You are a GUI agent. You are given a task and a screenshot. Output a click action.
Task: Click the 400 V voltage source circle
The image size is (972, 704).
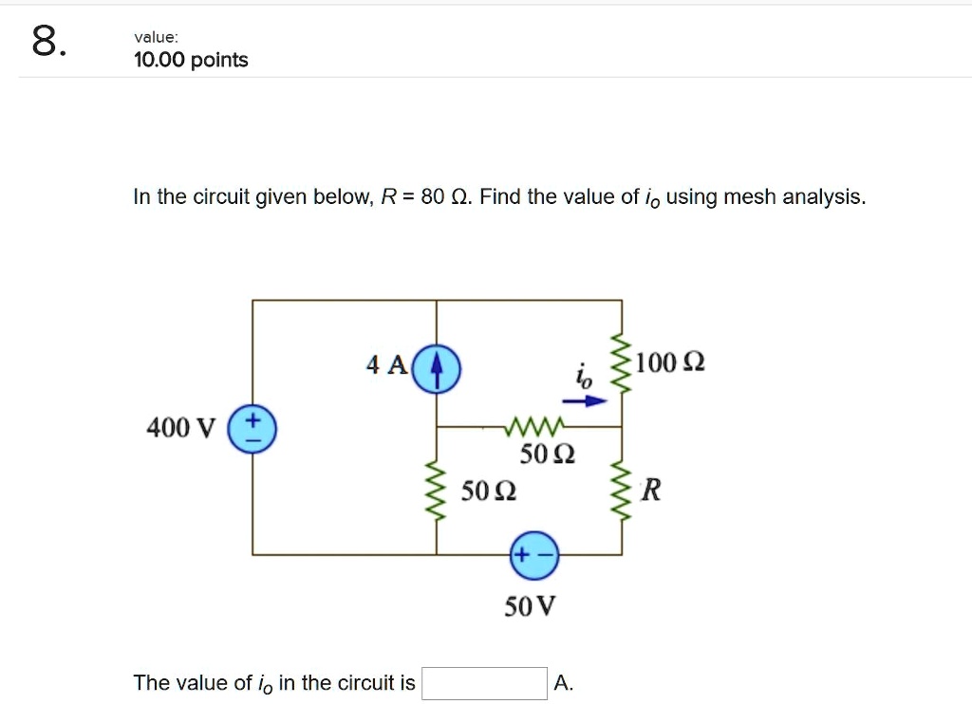click(252, 428)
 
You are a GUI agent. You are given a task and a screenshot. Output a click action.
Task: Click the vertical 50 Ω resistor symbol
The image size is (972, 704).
click(437, 491)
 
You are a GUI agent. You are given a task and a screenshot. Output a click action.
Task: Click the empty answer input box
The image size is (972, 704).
click(485, 683)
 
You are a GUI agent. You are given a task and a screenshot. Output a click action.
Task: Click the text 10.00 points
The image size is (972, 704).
click(191, 61)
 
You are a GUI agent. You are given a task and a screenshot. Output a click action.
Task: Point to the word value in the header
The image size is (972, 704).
click(155, 37)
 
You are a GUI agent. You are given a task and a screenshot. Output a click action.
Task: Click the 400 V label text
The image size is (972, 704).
click(180, 429)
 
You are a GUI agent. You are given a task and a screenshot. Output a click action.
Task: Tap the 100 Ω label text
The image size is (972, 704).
click(670, 363)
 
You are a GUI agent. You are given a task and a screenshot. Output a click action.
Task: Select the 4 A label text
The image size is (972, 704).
click(385, 364)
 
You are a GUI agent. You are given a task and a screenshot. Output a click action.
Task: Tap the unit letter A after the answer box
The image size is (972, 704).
click(563, 683)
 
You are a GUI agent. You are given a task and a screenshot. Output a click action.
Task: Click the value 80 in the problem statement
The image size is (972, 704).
click(433, 197)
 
